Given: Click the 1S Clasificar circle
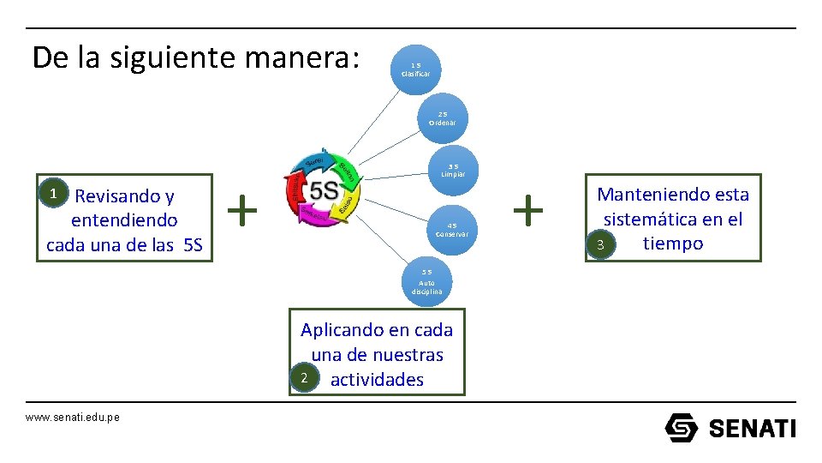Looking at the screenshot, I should click(x=415, y=69).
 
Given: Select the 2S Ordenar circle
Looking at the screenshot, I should click(x=442, y=117).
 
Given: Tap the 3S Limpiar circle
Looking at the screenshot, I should click(x=453, y=170).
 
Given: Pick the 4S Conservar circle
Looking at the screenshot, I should click(x=452, y=230).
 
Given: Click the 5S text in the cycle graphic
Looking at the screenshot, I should click(x=324, y=190).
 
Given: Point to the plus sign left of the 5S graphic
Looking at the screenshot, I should click(x=244, y=208).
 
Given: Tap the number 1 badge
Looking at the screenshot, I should click(x=53, y=194).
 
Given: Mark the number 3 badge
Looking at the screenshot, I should click(x=601, y=246).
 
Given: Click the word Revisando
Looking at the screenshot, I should click(x=125, y=196).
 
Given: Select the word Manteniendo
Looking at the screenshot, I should click(x=648, y=195).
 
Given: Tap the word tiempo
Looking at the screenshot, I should click(x=673, y=244).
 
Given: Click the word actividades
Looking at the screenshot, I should click(x=377, y=379).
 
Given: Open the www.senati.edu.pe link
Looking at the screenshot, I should click(x=73, y=417).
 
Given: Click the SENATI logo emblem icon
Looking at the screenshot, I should click(x=682, y=427).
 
